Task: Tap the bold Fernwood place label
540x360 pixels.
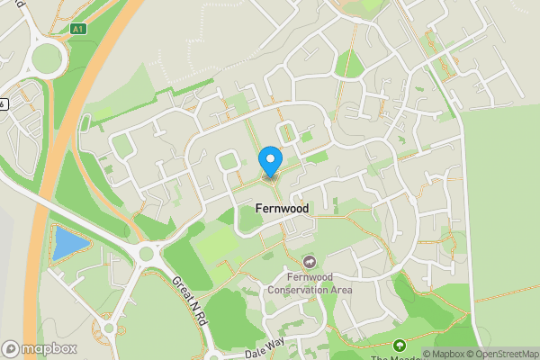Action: coord(275,209)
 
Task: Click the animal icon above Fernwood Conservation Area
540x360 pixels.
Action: coord(310,262)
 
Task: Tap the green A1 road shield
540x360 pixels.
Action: coord(77,29)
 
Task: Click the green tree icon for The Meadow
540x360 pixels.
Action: coord(400,345)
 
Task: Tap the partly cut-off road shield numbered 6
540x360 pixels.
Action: coord(4,103)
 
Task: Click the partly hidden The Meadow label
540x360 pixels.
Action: coord(396,357)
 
